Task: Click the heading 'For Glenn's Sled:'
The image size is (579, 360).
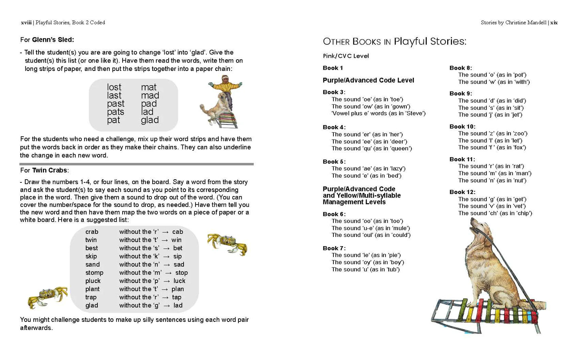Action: point(47,40)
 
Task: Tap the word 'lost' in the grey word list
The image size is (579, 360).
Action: point(114,87)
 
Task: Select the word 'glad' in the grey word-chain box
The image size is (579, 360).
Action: point(150,120)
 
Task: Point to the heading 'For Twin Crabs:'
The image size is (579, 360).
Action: point(44,170)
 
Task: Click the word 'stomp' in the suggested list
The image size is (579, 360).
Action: point(94,273)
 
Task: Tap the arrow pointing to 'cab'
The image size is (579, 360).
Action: point(165,232)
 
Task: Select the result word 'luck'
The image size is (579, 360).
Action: point(179,281)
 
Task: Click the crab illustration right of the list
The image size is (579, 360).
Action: point(227,243)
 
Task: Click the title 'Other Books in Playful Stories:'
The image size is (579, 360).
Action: point(394,41)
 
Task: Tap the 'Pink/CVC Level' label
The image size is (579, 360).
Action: point(346,56)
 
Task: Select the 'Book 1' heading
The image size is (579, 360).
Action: point(333,68)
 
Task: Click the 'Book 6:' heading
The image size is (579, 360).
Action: point(334,214)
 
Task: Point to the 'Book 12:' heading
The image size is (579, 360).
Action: point(462,192)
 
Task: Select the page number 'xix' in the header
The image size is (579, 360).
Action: point(554,22)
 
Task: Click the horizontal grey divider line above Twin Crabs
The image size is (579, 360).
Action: point(136,164)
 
